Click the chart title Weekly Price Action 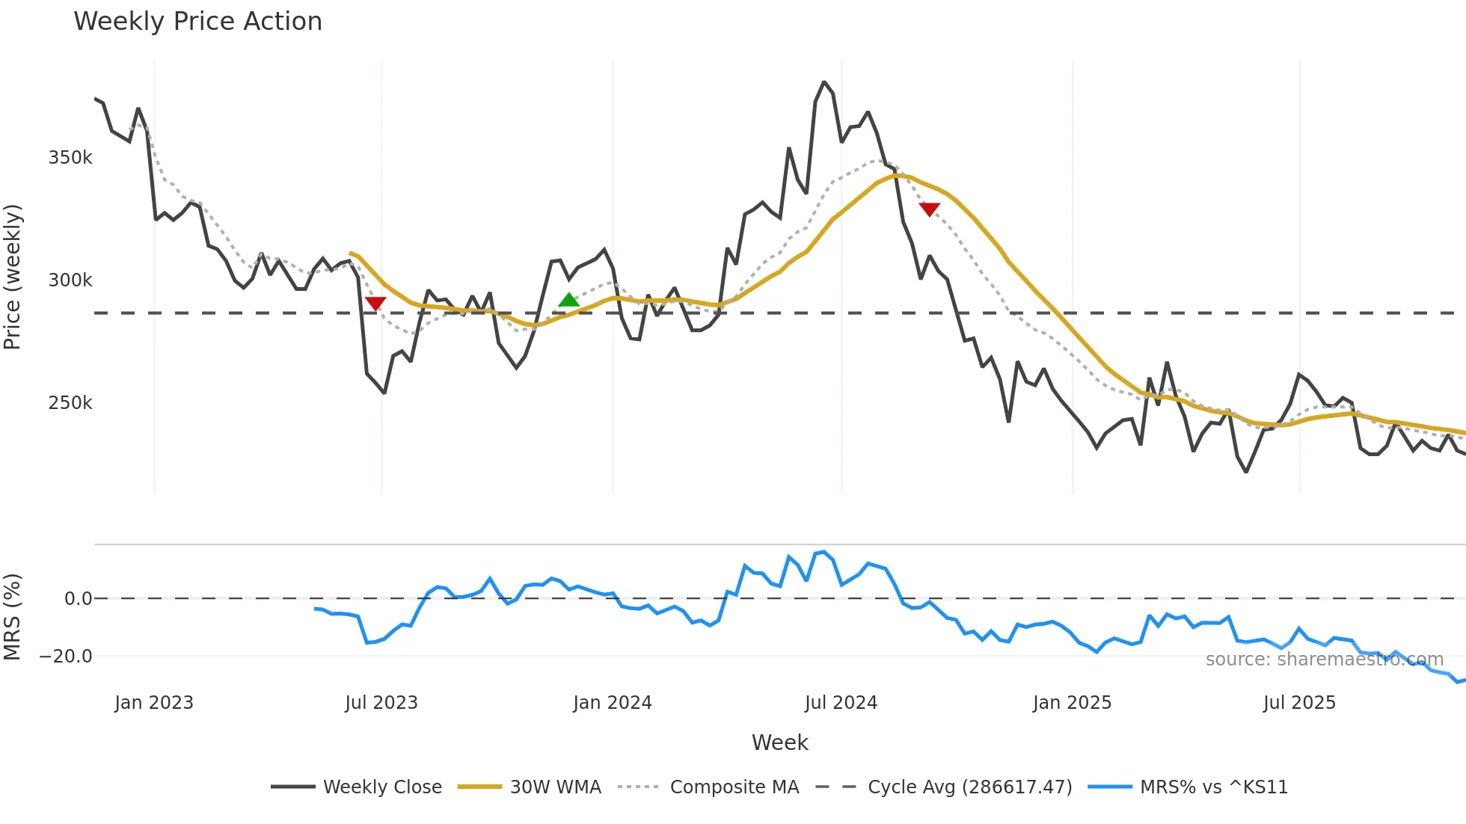coord(197,22)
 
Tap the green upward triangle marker coord(568,301)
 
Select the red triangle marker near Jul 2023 coord(375,303)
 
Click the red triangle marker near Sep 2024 coord(929,209)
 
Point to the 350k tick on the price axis coord(70,158)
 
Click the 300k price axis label coord(70,280)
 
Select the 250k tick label coord(70,403)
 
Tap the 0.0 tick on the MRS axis coord(78,599)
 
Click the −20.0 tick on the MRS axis coord(66,657)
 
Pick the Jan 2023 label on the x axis coord(154,703)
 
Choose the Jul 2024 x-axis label coord(841,703)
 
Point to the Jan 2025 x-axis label coord(1072,703)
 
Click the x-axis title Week coord(779,742)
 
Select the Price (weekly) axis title coord(13,277)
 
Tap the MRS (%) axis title coord(13,617)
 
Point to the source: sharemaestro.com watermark coord(1324,659)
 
